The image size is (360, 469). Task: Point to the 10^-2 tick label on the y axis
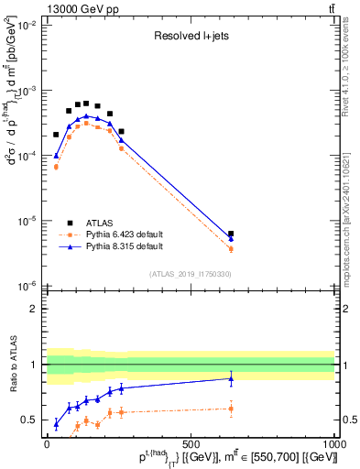click(24, 26)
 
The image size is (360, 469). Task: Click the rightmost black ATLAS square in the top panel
click(231, 234)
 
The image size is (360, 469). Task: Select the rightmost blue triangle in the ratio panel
click(231, 377)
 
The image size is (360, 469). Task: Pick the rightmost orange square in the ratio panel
click(231, 409)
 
